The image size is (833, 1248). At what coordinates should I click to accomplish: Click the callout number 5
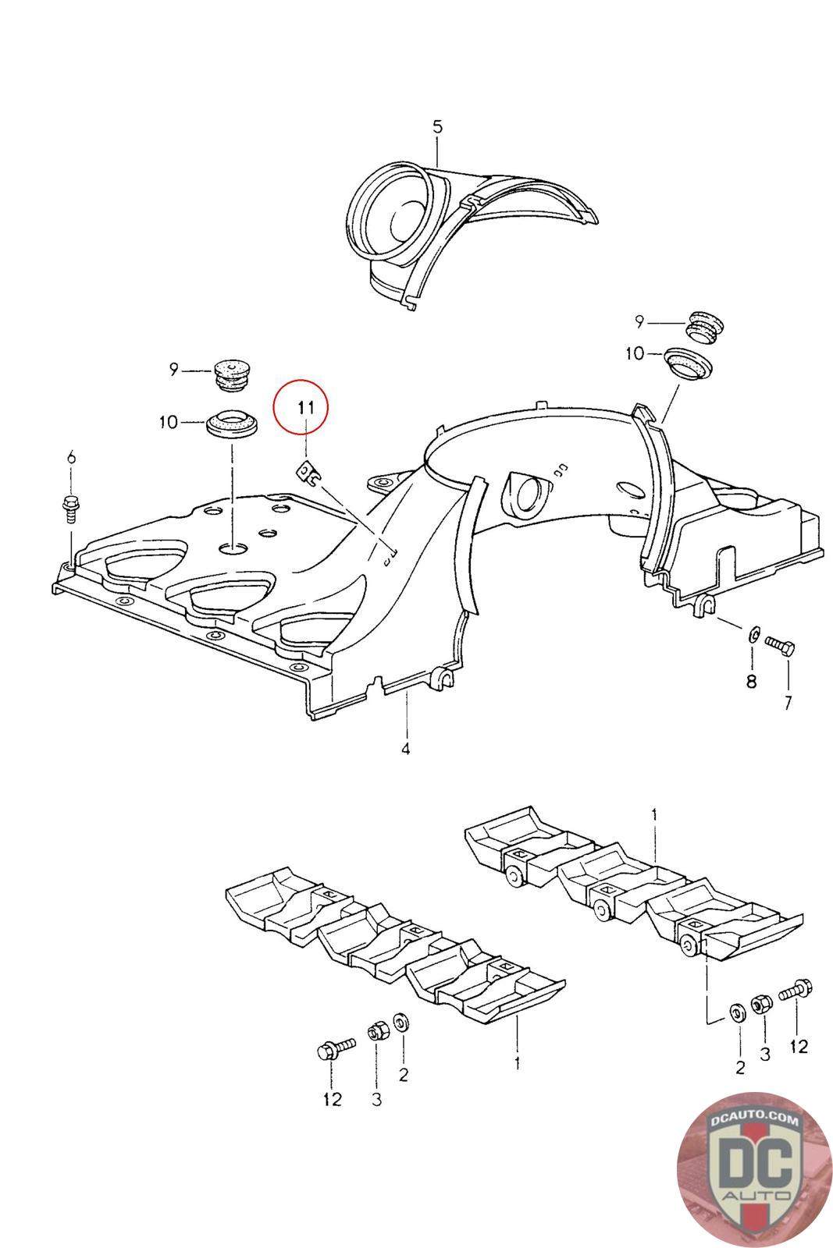pyautogui.click(x=437, y=126)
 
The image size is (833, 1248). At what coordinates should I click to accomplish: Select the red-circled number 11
pyautogui.click(x=304, y=407)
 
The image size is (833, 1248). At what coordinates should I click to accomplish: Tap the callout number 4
pyautogui.click(x=406, y=749)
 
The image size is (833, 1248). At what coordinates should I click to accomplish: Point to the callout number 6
pyautogui.click(x=72, y=457)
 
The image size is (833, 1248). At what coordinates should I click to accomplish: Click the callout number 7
pyautogui.click(x=788, y=702)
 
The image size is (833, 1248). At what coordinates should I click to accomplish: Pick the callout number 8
pyautogui.click(x=751, y=681)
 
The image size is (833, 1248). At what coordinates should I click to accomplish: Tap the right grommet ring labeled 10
pyautogui.click(x=690, y=363)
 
